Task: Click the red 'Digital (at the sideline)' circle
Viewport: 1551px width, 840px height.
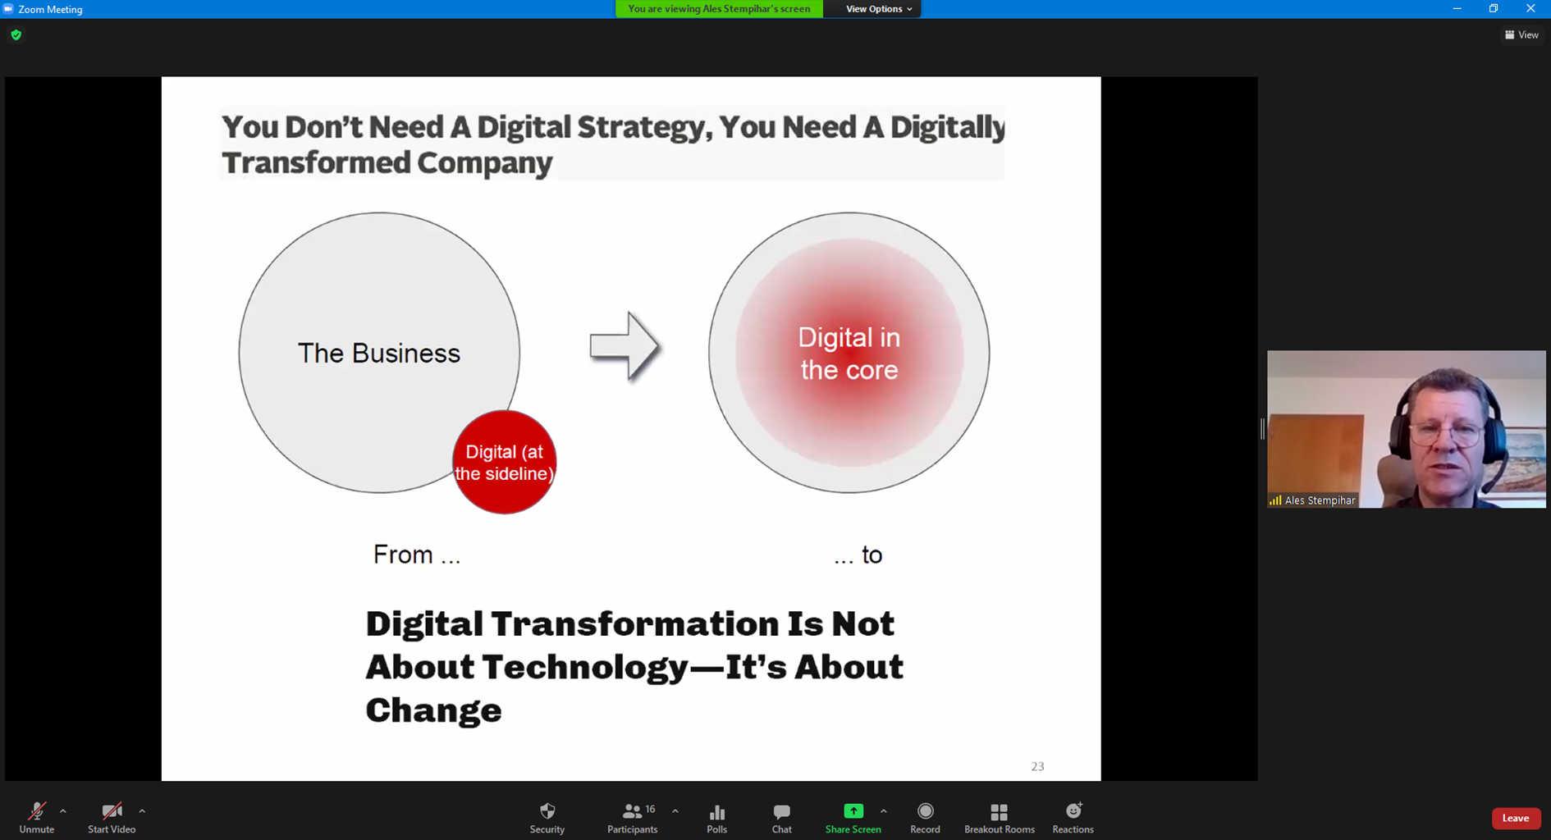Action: (x=504, y=462)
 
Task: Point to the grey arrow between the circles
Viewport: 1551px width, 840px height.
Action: (x=625, y=346)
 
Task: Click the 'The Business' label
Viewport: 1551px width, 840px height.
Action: (x=379, y=354)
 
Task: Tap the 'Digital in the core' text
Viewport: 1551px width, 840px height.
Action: (x=849, y=354)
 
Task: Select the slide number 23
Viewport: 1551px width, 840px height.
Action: (x=1037, y=766)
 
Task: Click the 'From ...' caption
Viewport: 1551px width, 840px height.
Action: (x=417, y=555)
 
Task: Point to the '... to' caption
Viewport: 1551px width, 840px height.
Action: (x=858, y=555)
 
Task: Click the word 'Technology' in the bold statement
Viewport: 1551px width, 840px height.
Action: (x=584, y=668)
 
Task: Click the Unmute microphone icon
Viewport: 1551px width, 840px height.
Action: (x=37, y=811)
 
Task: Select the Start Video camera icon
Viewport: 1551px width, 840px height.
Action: (x=112, y=811)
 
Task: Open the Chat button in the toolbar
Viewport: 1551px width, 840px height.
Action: (x=781, y=818)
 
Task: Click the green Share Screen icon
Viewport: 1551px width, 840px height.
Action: (x=853, y=810)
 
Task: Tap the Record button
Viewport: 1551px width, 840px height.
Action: (x=925, y=818)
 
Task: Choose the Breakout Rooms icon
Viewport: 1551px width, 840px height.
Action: (x=999, y=811)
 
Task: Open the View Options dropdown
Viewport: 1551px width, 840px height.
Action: (x=879, y=9)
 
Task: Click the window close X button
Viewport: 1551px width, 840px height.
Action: (x=1530, y=8)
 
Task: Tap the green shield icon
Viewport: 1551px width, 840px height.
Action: (x=16, y=34)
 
